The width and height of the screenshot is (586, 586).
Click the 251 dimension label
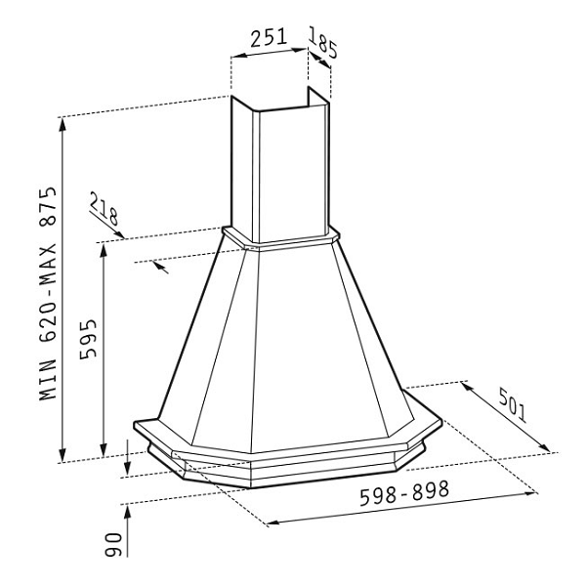tap(269, 37)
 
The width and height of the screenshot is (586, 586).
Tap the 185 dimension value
tap(323, 43)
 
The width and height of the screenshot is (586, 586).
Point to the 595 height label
tap(88, 339)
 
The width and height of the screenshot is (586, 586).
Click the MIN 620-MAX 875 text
tap(48, 293)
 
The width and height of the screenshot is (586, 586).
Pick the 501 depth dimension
tap(513, 405)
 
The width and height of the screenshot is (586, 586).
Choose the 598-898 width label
tap(404, 493)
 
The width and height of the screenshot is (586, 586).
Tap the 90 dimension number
tap(113, 545)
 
